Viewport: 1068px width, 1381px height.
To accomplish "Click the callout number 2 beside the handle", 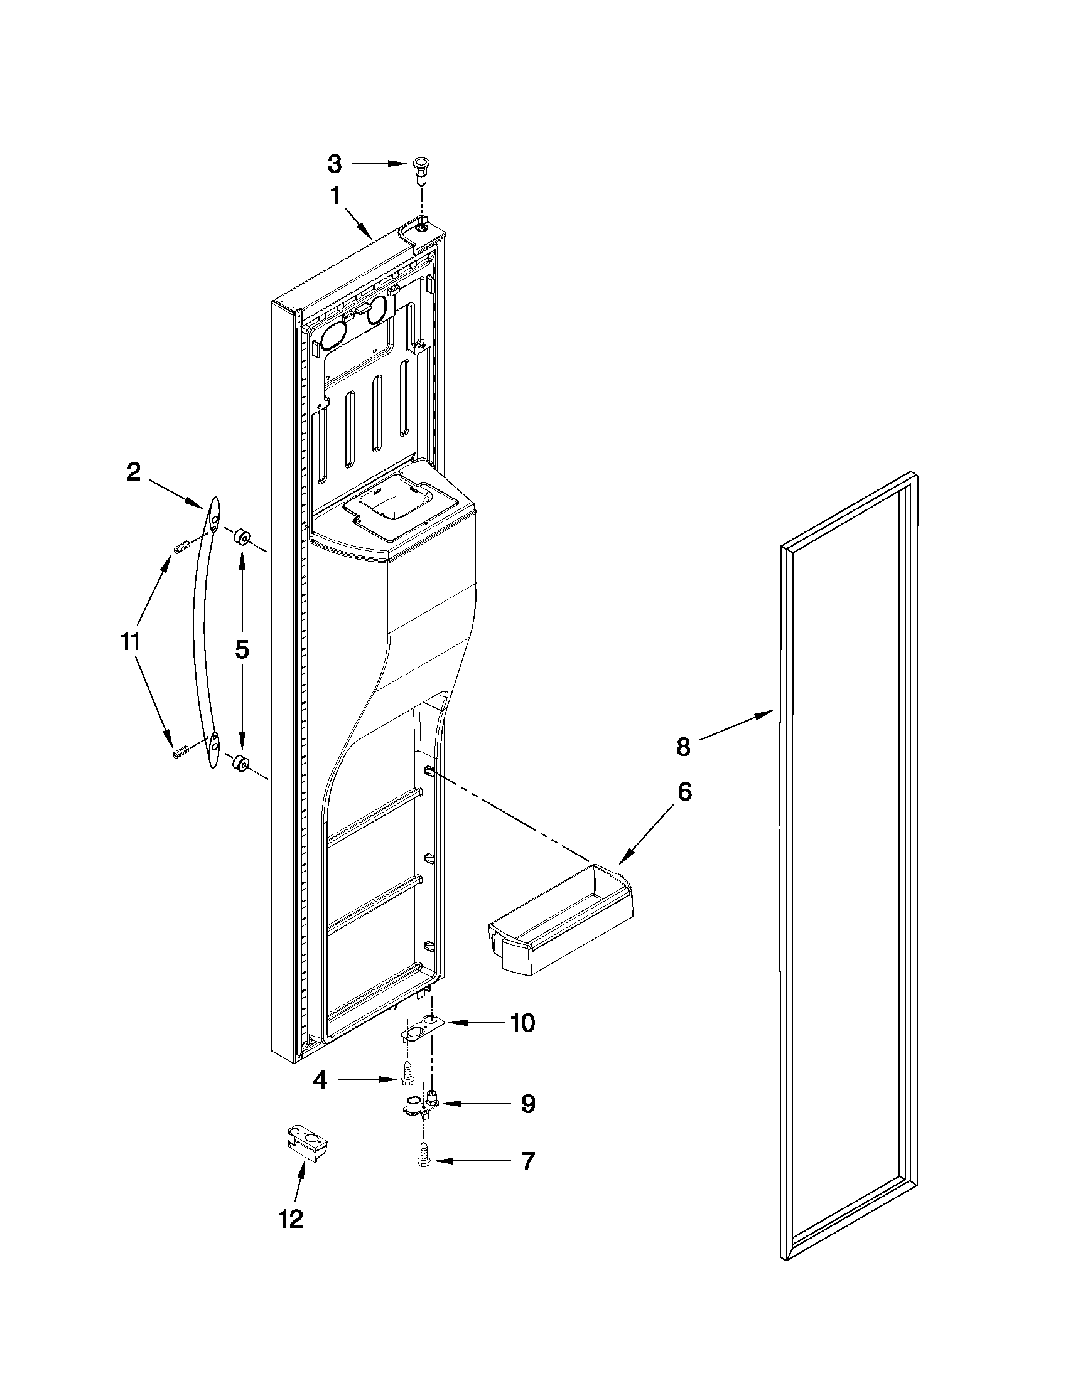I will (x=134, y=472).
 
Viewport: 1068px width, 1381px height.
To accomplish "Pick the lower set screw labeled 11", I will (x=181, y=752).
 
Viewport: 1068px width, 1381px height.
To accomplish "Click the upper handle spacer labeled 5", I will (x=241, y=538).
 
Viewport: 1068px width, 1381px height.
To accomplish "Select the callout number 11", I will (x=130, y=642).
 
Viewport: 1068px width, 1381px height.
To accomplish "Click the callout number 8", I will (x=683, y=747).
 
